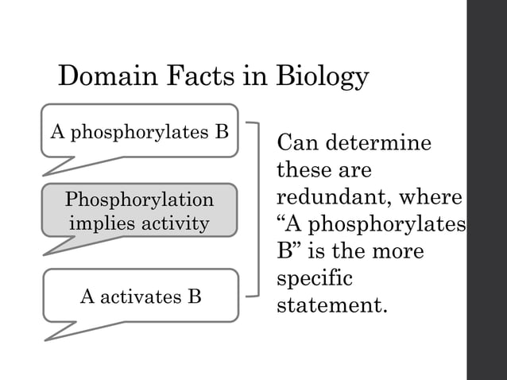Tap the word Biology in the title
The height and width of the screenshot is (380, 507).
(x=322, y=78)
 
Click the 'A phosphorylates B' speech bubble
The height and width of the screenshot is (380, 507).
(x=140, y=131)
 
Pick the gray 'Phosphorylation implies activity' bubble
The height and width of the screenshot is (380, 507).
(x=140, y=211)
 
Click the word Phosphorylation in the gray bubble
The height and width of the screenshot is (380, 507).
(x=140, y=199)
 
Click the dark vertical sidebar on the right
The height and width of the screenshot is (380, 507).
(x=486, y=190)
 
